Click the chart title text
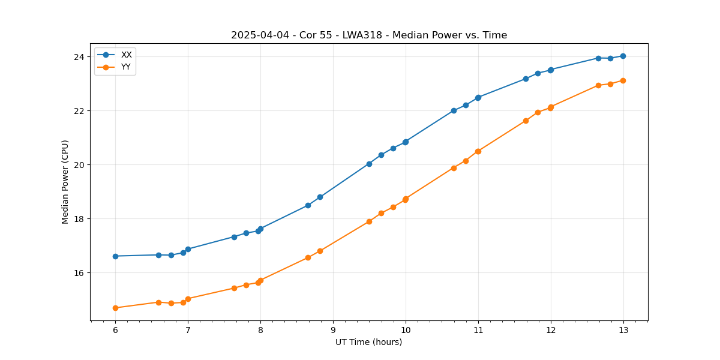[369, 35]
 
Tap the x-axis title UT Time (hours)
[368, 342]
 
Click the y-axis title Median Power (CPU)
[65, 182]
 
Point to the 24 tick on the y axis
[80, 57]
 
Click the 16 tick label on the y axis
[80, 273]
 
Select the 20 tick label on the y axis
[80, 165]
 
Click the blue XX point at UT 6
[115, 256]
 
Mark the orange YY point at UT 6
[115, 308]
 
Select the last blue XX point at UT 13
[623, 56]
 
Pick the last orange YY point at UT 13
[623, 80]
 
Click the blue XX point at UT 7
[188, 249]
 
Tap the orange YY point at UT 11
[478, 151]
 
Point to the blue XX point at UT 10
[406, 142]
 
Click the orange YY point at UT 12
[551, 107]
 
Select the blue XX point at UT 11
[478, 97]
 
